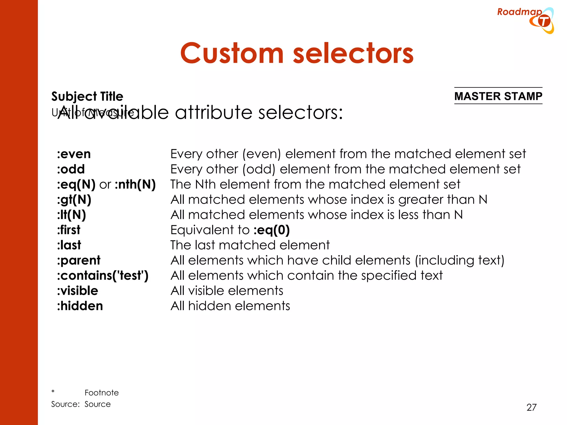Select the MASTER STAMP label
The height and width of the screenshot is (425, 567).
498,96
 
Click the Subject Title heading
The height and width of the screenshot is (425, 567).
87,96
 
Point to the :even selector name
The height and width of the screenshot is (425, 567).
74,154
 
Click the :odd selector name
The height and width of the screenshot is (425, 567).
71,169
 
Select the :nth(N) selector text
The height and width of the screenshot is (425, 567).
135,184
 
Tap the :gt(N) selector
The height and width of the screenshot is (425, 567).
74,199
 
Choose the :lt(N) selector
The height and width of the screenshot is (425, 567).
71,215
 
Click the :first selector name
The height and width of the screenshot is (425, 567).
69,230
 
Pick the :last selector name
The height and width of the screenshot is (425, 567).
69,245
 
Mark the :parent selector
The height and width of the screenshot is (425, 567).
79,260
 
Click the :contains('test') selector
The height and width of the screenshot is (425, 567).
103,276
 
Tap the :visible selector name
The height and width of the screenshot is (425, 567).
78,291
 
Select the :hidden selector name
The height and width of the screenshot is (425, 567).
80,306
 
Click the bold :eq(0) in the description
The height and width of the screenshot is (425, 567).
271,230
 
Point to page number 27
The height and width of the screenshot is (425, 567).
531,407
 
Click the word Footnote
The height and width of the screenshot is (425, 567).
102,393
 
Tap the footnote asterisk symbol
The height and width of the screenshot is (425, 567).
53,392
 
